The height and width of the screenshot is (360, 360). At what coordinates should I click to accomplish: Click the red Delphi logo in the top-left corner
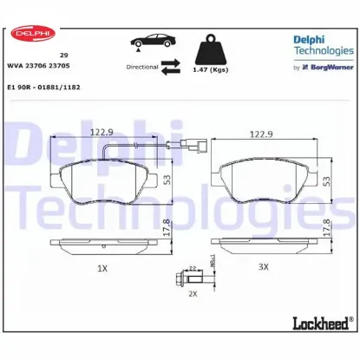[x=29, y=34]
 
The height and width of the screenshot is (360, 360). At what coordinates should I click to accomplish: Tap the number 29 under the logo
[x=64, y=53]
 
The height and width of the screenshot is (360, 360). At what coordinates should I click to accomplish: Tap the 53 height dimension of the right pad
[x=327, y=178]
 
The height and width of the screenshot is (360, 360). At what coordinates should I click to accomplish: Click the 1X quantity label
[x=102, y=268]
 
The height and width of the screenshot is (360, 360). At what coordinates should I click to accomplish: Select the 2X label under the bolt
[x=193, y=294]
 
